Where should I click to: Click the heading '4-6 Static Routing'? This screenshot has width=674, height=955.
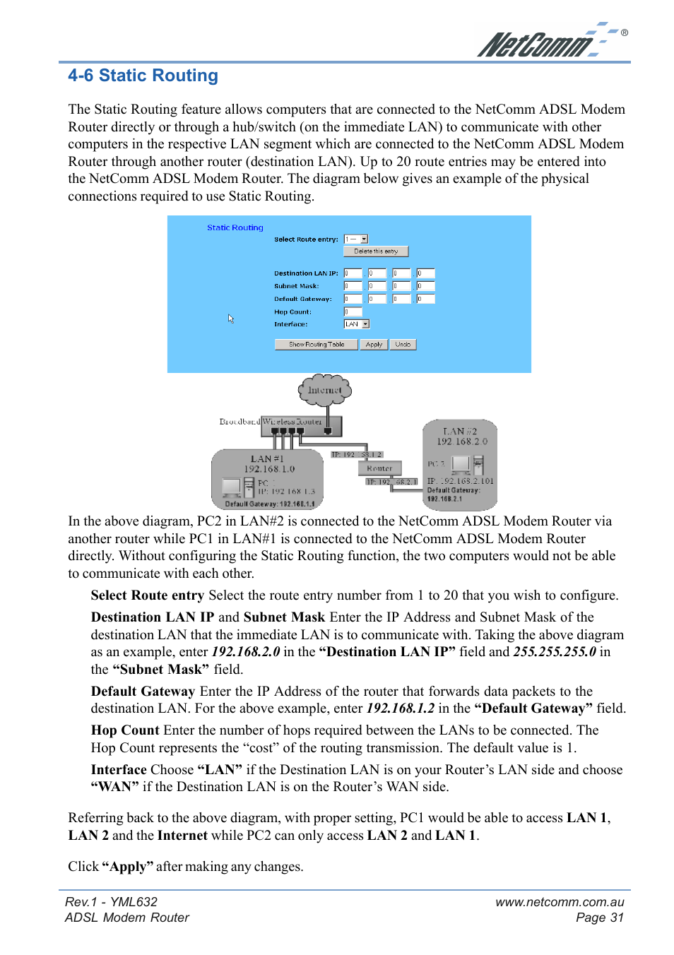(143, 76)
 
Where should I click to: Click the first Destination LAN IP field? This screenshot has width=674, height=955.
(352, 273)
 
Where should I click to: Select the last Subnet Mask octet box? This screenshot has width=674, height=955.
(425, 286)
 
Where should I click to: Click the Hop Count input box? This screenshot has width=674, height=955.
(353, 312)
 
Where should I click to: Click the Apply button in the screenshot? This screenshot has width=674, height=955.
(374, 345)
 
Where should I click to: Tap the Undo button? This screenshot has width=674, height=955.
(403, 345)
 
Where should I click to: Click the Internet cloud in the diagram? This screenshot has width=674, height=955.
(324, 390)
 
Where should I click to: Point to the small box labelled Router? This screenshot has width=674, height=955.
(379, 468)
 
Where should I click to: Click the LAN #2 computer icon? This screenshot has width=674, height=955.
(461, 464)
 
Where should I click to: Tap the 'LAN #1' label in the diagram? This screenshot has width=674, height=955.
(267, 458)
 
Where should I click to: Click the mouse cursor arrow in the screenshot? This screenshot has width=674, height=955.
(230, 319)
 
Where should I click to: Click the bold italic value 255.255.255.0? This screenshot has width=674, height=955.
(554, 652)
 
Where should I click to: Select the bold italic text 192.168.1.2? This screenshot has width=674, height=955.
(400, 708)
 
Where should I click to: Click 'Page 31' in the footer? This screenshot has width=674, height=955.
(599, 918)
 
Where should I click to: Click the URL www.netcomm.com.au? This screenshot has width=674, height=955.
(560, 902)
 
